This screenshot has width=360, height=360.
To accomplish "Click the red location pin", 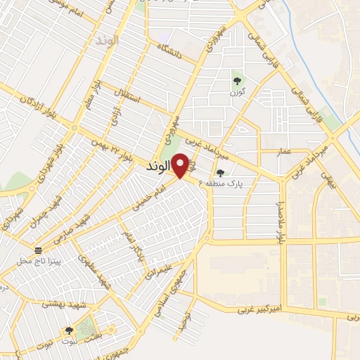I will pyautogui.click(x=181, y=165).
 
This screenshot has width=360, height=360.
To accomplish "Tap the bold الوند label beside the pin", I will pyautogui.click(x=158, y=169).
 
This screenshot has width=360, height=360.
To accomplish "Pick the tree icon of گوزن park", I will pyautogui.click(x=236, y=79).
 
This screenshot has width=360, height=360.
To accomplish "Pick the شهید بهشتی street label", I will pyautogui.click(x=63, y=303).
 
